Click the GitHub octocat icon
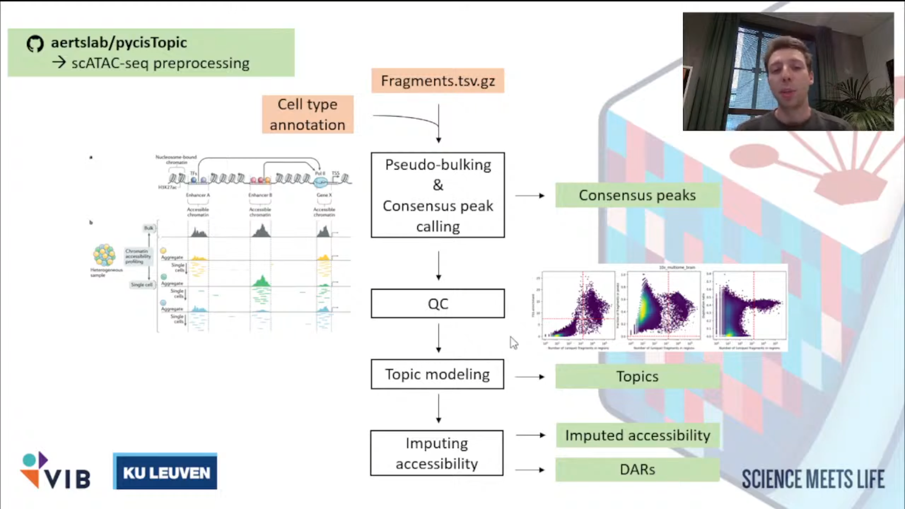(x=35, y=44)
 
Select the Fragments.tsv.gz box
(x=437, y=81)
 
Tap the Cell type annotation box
(x=307, y=115)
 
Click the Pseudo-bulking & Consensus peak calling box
(x=437, y=195)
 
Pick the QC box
(x=437, y=304)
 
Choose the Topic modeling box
(x=437, y=374)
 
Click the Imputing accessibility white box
(x=436, y=453)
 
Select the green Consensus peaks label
(x=637, y=195)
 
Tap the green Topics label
(x=637, y=377)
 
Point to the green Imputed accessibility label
(x=637, y=435)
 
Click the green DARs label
(x=637, y=469)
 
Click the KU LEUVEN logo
(x=165, y=472)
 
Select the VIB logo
(x=56, y=471)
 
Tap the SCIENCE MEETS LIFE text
(x=813, y=479)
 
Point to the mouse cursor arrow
(x=513, y=342)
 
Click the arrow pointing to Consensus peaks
(x=530, y=196)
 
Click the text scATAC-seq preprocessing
(x=160, y=64)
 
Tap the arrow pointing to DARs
(x=530, y=470)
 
